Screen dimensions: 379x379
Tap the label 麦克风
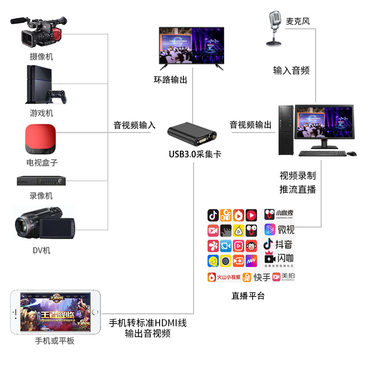tap(298, 21)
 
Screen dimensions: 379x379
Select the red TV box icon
tap(40, 138)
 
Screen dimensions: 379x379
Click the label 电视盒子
tap(42, 162)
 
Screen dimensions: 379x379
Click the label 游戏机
tap(42, 113)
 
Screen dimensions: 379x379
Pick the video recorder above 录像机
tap(42, 180)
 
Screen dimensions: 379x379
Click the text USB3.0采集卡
tap(195, 154)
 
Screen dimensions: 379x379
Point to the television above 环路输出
tap(191, 46)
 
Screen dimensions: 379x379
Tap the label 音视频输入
tap(135, 125)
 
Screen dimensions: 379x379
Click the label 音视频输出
tap(251, 125)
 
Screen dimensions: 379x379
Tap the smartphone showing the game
tap(55, 313)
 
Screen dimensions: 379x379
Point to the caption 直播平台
tap(248, 296)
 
